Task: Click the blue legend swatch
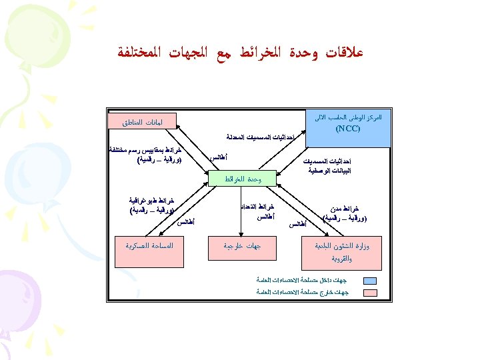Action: [x=369, y=280]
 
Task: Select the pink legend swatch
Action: [x=369, y=292]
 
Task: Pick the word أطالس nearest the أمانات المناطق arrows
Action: [x=220, y=158]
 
